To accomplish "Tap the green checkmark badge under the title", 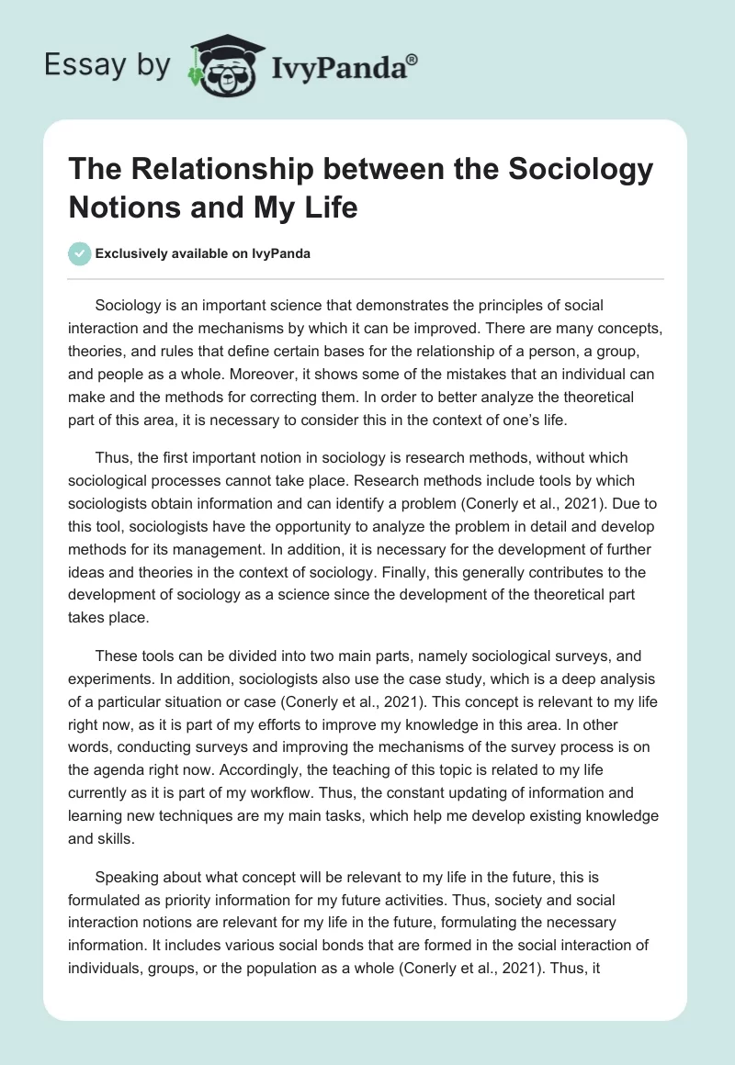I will (x=81, y=253).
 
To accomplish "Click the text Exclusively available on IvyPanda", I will (x=202, y=254).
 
